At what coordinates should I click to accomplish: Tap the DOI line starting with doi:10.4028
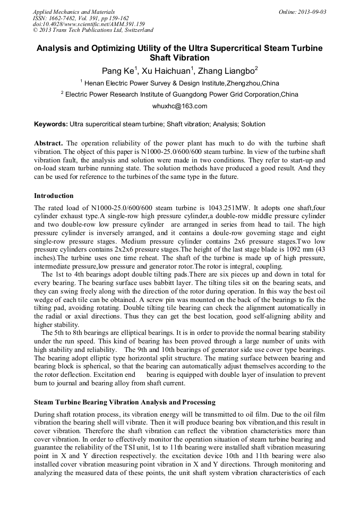point(89,24)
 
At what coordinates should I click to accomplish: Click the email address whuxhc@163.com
point(179,106)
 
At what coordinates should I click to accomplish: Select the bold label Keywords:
point(51,124)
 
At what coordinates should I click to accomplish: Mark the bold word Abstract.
point(48,143)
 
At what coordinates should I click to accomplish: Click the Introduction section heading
point(54,196)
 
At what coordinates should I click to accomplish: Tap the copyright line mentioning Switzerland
point(93,30)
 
